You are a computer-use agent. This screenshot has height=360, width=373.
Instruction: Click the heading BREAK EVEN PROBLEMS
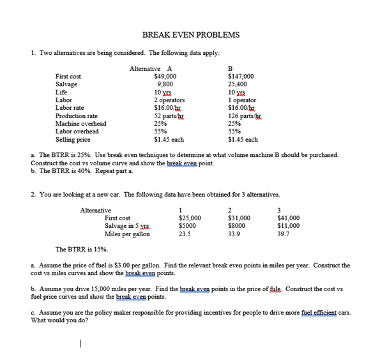click(x=191, y=34)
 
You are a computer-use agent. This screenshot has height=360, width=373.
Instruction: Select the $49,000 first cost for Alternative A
click(x=165, y=77)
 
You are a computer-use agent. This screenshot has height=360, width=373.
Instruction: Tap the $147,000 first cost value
click(x=241, y=77)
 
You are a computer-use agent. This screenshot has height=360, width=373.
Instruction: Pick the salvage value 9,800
click(x=165, y=84)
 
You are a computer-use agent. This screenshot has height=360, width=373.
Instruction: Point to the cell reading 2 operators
click(x=169, y=100)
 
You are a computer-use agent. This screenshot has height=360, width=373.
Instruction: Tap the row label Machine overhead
click(x=80, y=124)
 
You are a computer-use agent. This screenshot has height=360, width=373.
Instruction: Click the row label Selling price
click(x=73, y=139)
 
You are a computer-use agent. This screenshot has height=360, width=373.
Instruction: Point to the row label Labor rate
click(x=70, y=108)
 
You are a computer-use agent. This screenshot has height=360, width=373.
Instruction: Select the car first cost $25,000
click(x=190, y=218)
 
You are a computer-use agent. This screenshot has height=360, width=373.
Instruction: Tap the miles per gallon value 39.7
click(x=283, y=234)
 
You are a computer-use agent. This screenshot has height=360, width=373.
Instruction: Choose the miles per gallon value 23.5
click(x=185, y=234)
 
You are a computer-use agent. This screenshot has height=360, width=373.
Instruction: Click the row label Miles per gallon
click(x=128, y=234)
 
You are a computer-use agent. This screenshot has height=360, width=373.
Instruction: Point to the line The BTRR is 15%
click(x=82, y=250)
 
